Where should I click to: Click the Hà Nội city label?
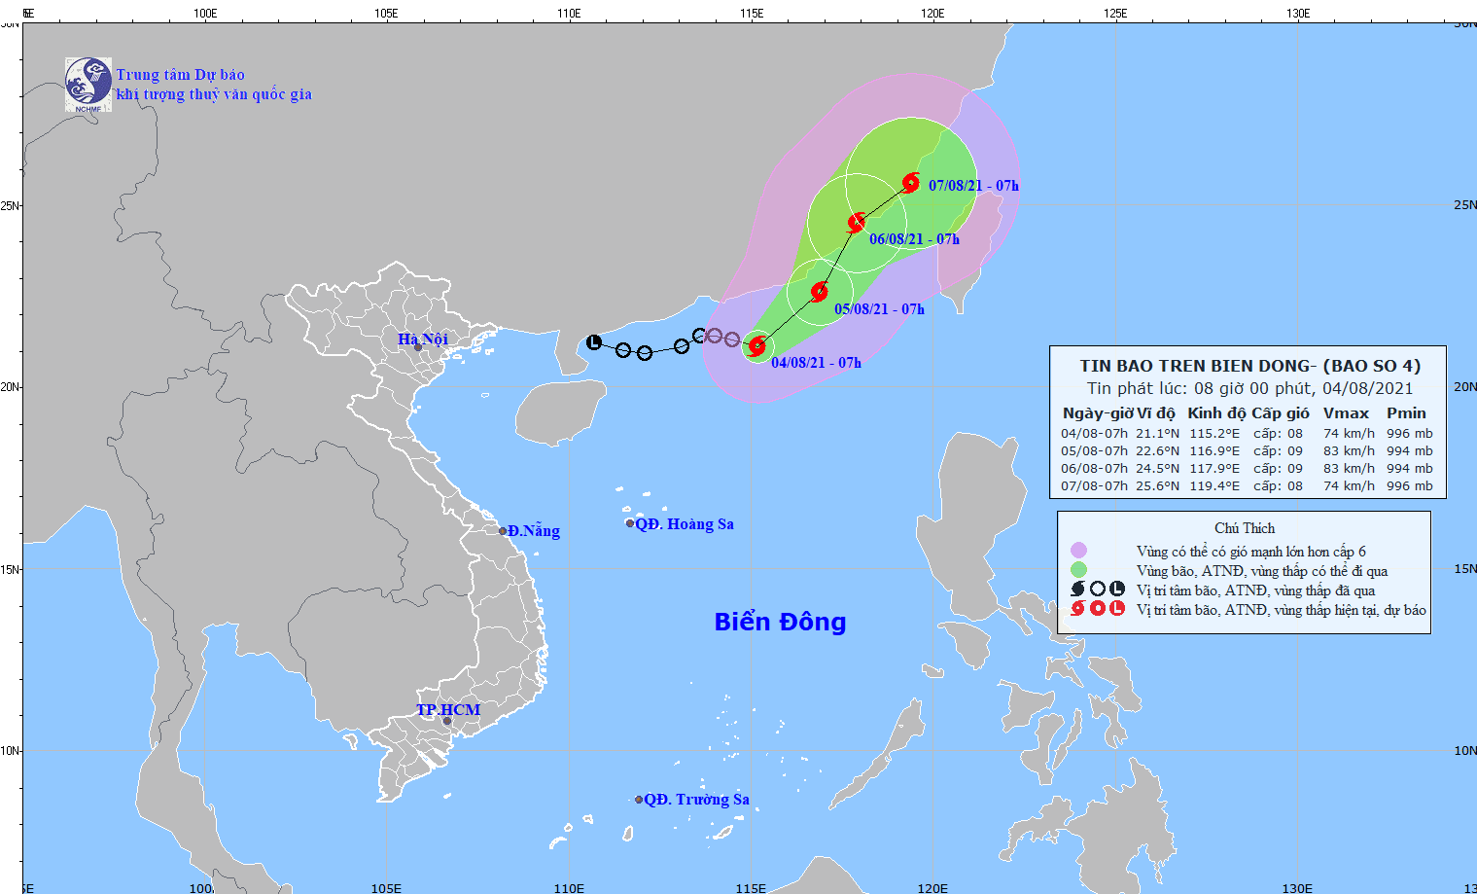click(x=423, y=339)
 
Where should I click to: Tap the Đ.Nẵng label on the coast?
click(x=533, y=530)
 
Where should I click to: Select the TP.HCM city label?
click(x=448, y=709)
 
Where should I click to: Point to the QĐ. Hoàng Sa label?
click(x=684, y=523)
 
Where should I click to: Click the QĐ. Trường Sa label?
click(x=696, y=799)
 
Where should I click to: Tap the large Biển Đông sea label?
click(x=780, y=622)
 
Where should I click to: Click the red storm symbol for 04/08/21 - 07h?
click(x=757, y=346)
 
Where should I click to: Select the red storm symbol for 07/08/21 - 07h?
click(x=911, y=182)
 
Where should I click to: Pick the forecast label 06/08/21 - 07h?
click(x=914, y=239)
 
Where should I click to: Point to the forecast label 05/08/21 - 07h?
click(x=879, y=309)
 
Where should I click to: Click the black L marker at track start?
click(x=594, y=342)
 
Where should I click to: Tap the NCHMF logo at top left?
click(x=88, y=84)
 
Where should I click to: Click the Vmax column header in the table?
click(x=1346, y=413)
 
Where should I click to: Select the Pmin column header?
click(x=1406, y=413)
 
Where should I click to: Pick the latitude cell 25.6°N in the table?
click(x=1157, y=485)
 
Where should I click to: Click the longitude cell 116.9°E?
click(x=1214, y=450)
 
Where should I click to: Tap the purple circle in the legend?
click(x=1078, y=551)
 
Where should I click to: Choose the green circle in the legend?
click(x=1078, y=570)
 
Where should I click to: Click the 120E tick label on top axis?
click(x=932, y=13)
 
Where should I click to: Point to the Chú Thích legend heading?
click(x=1244, y=527)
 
